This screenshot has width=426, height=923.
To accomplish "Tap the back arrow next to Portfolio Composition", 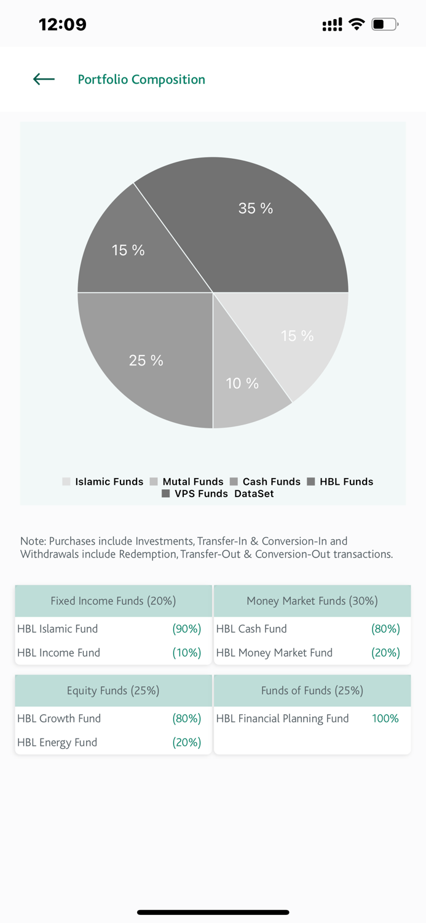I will tap(44, 79).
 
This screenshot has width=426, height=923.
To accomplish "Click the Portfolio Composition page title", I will tap(141, 79).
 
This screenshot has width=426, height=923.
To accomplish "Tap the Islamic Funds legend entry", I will tap(103, 482).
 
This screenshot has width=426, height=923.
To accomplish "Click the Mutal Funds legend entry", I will tap(186, 482).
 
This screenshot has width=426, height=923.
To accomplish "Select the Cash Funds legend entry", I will tap(265, 482).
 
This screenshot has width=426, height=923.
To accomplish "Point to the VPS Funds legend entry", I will tap(194, 493).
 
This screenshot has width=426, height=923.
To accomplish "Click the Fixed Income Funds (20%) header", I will tap(113, 601).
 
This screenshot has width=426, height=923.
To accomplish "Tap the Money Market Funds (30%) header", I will tap(312, 601).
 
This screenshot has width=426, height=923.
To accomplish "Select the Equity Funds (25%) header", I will tap(113, 690).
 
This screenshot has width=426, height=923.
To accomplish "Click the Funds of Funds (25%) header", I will tap(312, 690).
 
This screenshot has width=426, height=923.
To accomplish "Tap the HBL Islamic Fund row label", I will tap(58, 629).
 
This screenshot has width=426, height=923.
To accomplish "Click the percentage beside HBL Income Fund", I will tap(187, 653).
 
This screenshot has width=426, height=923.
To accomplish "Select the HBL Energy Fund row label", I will tap(57, 743).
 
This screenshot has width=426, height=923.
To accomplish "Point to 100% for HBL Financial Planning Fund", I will tap(385, 719).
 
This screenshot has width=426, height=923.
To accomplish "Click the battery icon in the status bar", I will tap(385, 25).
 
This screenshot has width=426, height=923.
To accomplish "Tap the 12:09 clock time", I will tap(63, 25).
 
